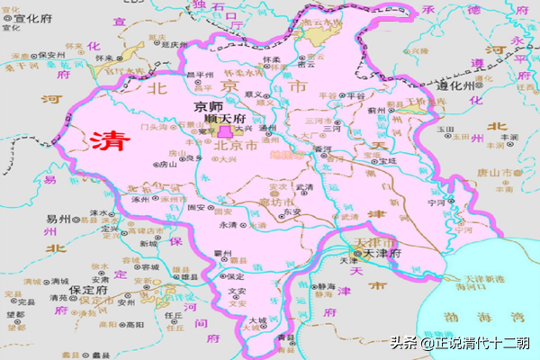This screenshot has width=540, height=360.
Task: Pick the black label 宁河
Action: [437, 202]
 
